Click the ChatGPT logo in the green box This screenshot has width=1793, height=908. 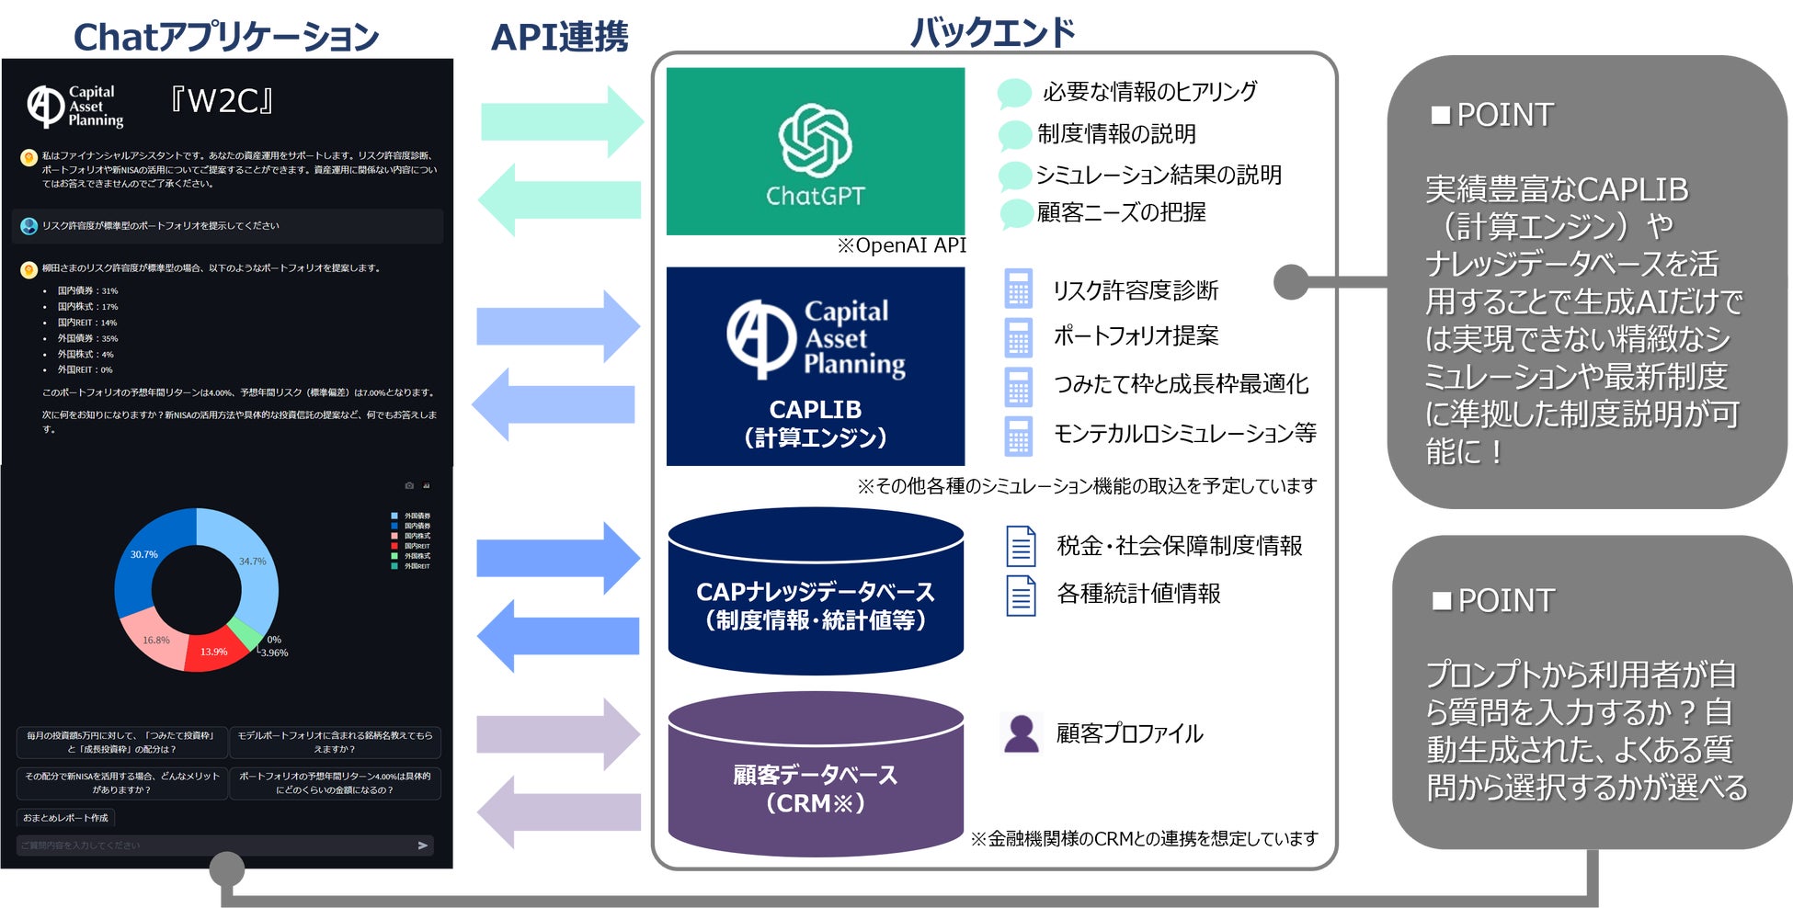[x=815, y=141]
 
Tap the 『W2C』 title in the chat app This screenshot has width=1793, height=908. [x=222, y=101]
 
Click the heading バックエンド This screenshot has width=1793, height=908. [x=992, y=33]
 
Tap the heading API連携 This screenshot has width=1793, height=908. [x=559, y=38]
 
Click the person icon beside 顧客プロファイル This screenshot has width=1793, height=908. [x=1021, y=733]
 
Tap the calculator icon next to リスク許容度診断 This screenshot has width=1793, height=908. [x=1018, y=289]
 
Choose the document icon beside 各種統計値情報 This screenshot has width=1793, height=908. [x=1021, y=595]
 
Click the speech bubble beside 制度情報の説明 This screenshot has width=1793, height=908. [x=1014, y=135]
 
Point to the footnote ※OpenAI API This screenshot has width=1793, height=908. [x=901, y=245]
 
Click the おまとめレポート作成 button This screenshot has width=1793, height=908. [x=65, y=818]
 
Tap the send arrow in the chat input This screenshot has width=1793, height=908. [x=423, y=846]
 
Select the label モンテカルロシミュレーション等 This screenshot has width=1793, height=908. [x=1184, y=433]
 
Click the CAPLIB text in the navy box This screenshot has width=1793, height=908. [x=815, y=409]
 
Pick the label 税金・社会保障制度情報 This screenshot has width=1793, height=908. [x=1179, y=546]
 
